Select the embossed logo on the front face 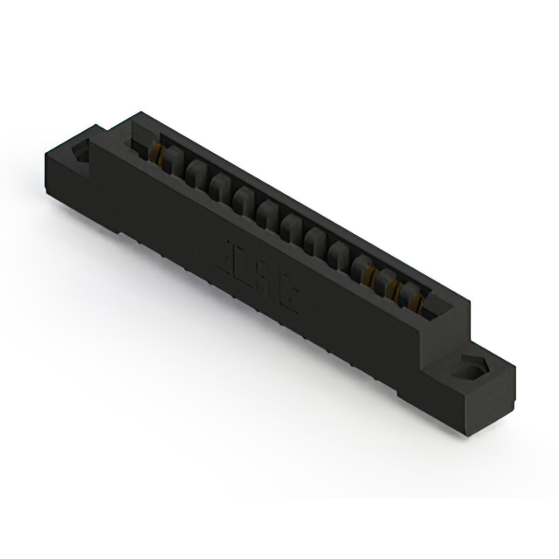263,272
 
